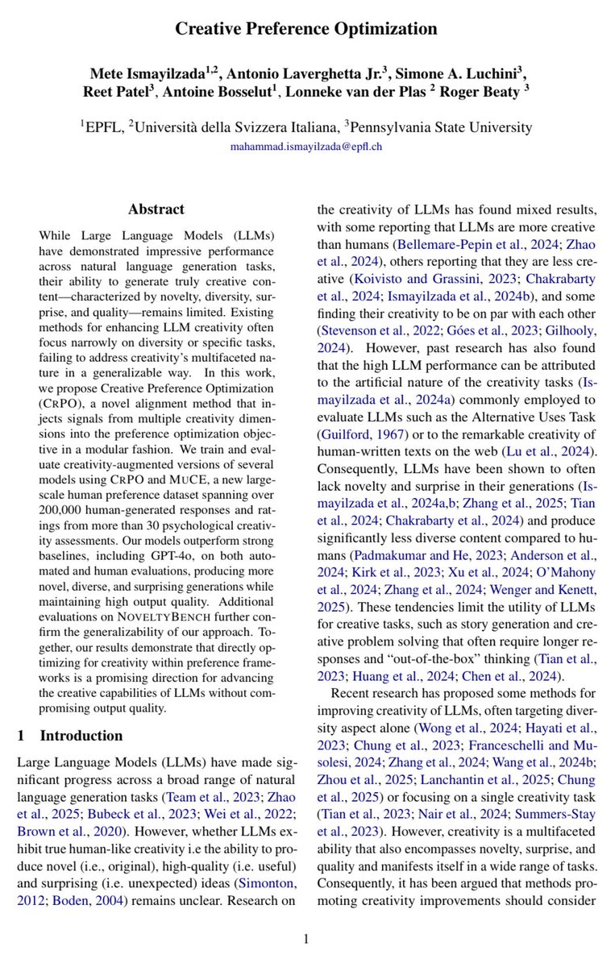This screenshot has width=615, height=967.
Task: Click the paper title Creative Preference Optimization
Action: point(307,30)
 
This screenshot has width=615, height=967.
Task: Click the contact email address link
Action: point(306,147)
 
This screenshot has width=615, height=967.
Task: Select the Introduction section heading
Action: point(81,735)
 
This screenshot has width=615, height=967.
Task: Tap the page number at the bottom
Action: point(306,938)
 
